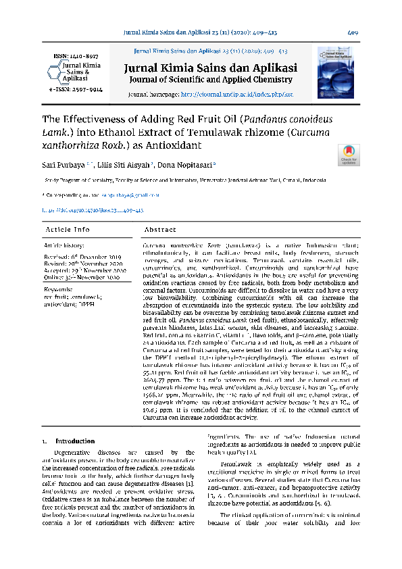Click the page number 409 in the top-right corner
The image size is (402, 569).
pos(352,32)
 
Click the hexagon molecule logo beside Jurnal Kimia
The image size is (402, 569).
pos(53,71)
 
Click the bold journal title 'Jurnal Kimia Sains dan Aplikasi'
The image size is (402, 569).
pos(210,68)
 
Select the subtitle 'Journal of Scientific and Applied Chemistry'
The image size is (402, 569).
pos(209,80)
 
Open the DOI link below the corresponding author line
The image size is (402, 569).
pos(93,210)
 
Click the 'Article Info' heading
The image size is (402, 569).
pos(67,230)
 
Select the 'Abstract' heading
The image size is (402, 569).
pos(161,230)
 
